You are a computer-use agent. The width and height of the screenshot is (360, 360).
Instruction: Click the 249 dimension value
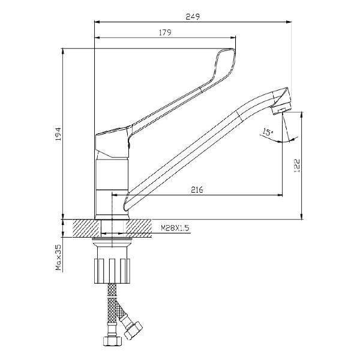pyautogui.click(x=193, y=17)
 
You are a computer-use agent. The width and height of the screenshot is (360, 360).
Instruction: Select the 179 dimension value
pyautogui.click(x=165, y=32)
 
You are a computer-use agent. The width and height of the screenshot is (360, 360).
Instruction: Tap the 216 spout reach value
pyautogui.click(x=197, y=190)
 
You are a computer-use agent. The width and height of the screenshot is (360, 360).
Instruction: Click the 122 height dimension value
pyautogui.click(x=297, y=166)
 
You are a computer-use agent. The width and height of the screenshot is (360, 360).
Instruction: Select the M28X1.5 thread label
pyautogui.click(x=175, y=228)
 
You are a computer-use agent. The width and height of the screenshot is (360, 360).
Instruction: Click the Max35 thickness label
pyautogui.click(x=58, y=257)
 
